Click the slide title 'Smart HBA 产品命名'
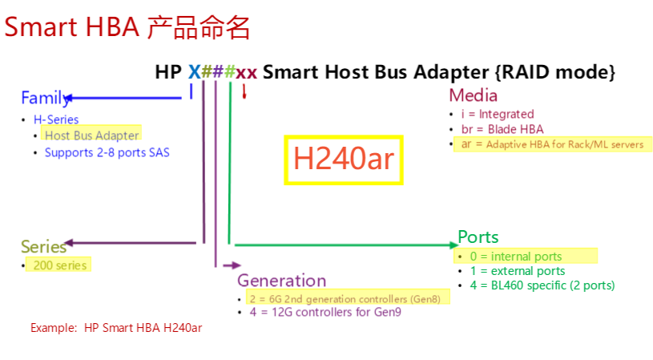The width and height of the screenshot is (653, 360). click(127, 27)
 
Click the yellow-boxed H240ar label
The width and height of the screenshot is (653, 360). click(344, 159)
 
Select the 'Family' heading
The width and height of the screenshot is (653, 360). click(46, 98)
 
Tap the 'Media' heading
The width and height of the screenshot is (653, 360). click(473, 95)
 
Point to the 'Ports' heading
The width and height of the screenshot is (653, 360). click(478, 237)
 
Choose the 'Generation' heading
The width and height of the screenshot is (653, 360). click(281, 281)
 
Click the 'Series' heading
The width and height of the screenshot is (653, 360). click(44, 247)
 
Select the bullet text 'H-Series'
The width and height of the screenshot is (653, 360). click(56, 119)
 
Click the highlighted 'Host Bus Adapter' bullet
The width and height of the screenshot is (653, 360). click(91, 136)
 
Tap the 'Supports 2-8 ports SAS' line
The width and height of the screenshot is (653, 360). click(107, 152)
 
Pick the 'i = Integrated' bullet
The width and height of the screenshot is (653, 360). click(498, 114)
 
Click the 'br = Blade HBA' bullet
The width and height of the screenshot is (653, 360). click(502, 129)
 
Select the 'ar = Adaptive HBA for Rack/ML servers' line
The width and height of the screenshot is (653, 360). click(552, 144)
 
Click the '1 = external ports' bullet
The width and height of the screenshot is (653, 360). click(518, 271)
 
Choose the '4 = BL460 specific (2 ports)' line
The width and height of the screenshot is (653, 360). click(542, 285)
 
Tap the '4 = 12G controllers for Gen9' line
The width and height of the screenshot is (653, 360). click(325, 312)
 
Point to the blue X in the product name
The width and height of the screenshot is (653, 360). click(195, 72)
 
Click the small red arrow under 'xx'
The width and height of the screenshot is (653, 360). click(244, 91)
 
